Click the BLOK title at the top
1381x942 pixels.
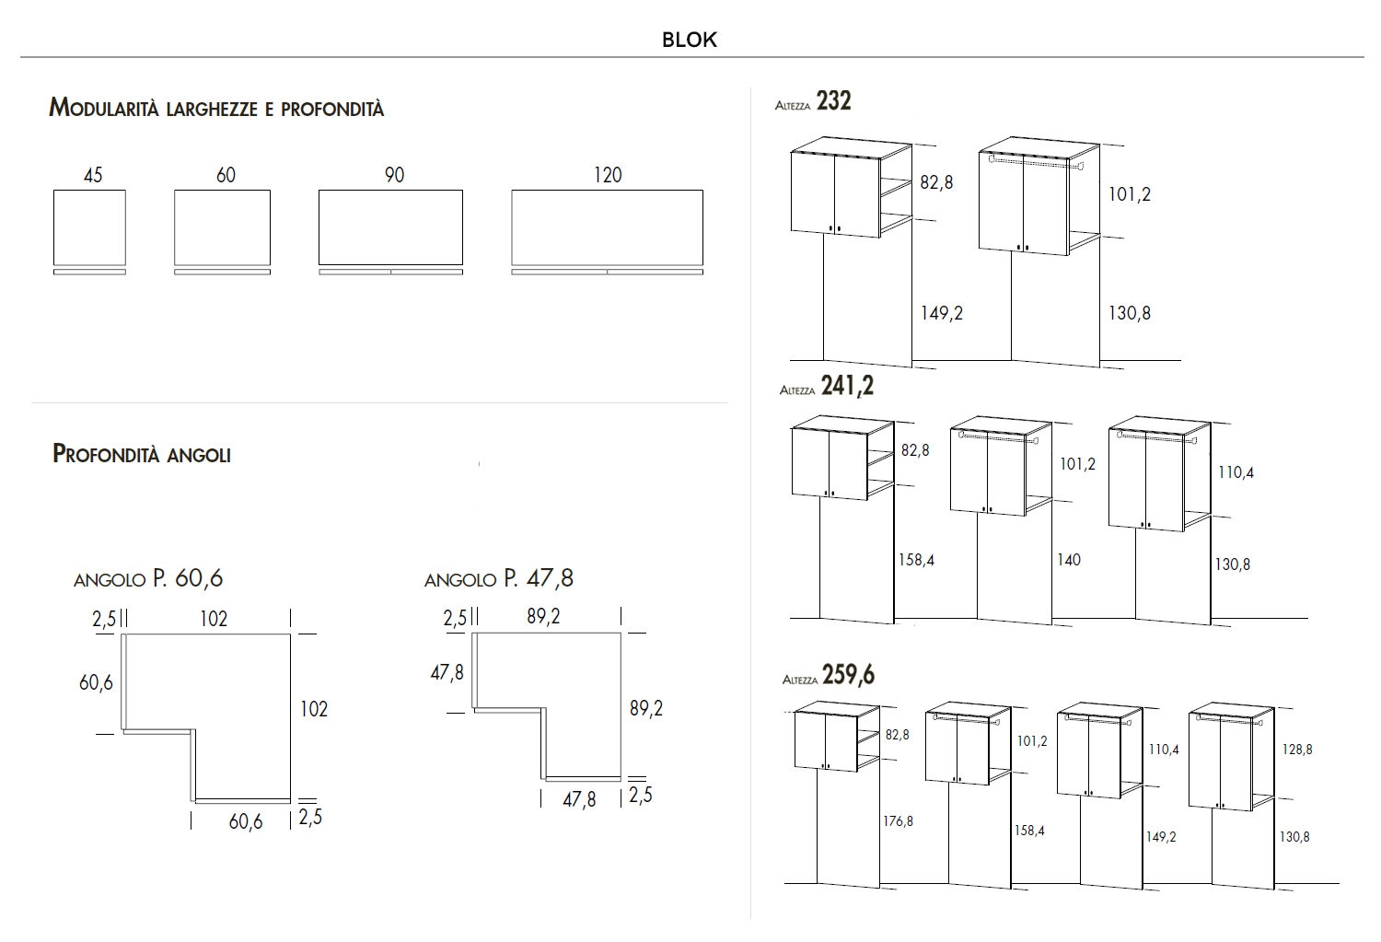[689, 40]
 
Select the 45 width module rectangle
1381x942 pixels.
[89, 227]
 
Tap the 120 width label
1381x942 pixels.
[608, 175]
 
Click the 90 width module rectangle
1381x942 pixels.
[390, 227]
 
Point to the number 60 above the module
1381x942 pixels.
[226, 175]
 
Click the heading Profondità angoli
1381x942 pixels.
[142, 454]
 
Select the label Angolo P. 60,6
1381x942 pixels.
[148, 578]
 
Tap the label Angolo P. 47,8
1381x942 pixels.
[499, 578]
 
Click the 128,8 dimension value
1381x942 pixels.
[1296, 750]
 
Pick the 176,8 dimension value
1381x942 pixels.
[899, 821]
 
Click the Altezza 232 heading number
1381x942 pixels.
[833, 101]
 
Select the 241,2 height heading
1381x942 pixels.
[847, 387]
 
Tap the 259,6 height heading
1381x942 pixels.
[848, 676]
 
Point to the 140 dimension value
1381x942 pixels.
[1069, 560]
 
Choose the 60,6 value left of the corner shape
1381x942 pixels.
[96, 682]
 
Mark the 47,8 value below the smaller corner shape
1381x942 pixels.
[579, 800]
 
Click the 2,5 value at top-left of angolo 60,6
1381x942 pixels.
[103, 620]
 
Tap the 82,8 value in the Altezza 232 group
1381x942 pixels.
[936, 182]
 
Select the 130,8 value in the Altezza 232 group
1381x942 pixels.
[1130, 313]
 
